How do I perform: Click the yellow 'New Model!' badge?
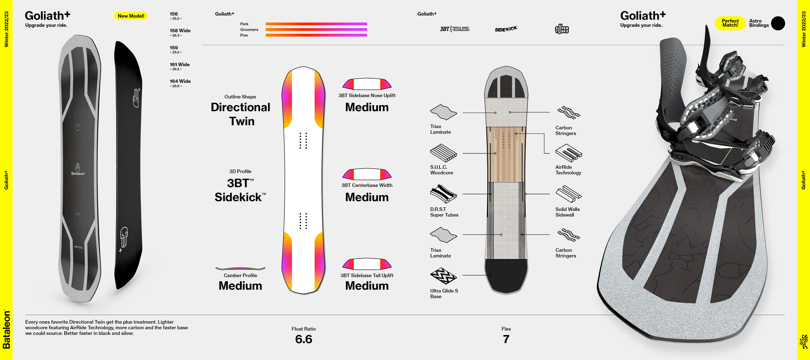[130, 16]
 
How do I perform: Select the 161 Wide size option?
[180, 64]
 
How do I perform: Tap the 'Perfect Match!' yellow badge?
[730, 23]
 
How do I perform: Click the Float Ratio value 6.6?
[303, 339]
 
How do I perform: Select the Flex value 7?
[506, 339]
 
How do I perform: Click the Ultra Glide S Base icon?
[443, 276]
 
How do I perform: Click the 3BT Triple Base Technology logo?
[455, 29]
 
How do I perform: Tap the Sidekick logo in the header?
[506, 29]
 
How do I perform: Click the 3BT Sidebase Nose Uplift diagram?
[367, 84]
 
